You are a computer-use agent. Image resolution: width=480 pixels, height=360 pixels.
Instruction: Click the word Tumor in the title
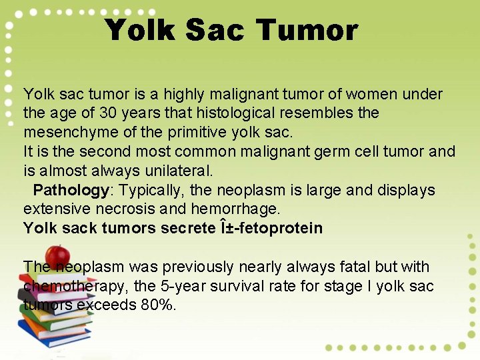[x=307, y=31]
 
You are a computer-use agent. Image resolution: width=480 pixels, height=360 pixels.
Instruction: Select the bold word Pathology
[x=71, y=191]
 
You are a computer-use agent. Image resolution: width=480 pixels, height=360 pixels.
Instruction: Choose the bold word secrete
[x=185, y=229]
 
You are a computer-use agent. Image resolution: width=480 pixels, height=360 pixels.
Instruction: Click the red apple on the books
[x=58, y=255]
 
